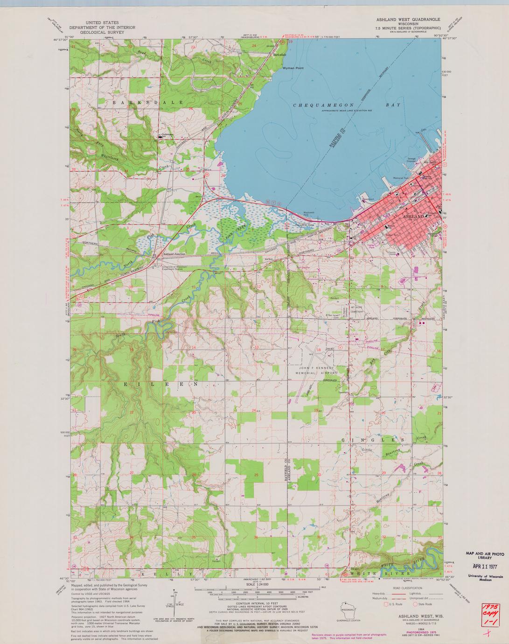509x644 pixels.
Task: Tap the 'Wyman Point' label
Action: point(293,68)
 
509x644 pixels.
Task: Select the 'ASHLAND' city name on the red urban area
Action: point(413,217)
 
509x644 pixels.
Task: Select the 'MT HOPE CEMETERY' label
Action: point(357,309)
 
